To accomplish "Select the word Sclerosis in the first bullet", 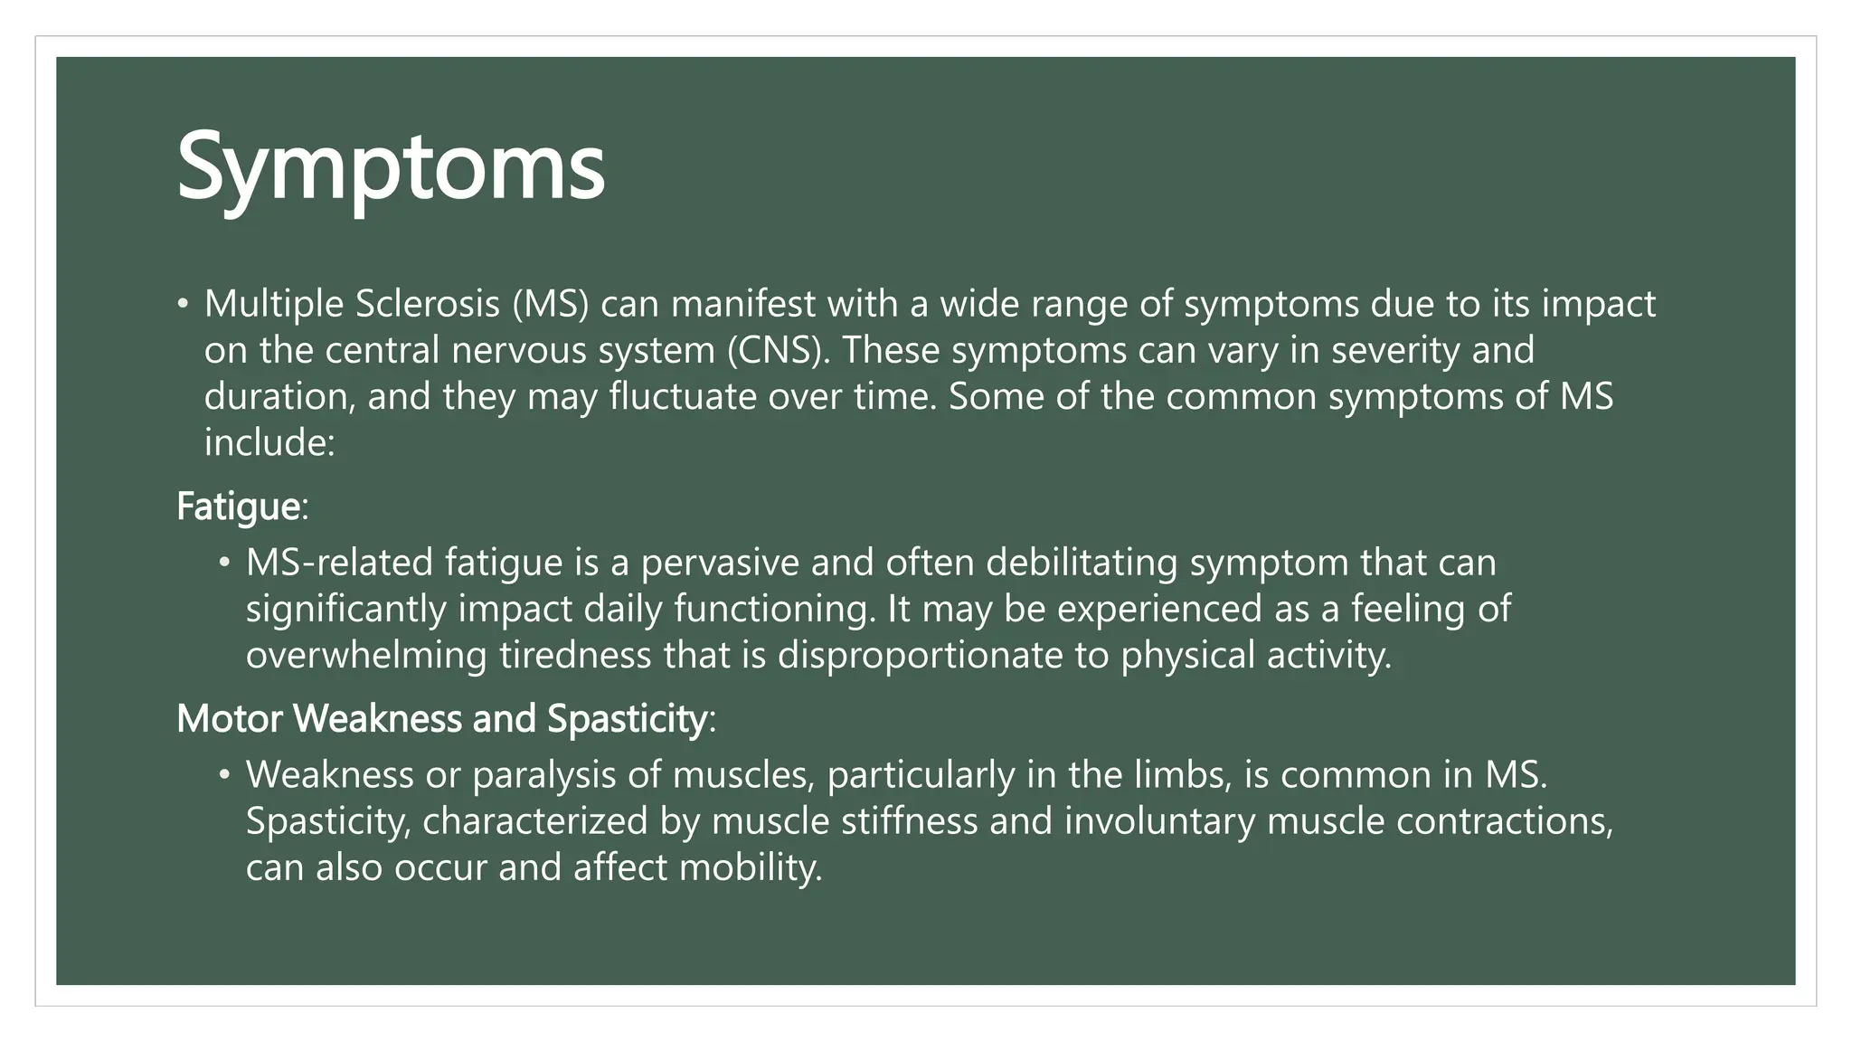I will (x=427, y=304).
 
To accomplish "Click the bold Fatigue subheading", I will (x=238, y=507).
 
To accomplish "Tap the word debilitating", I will (x=1082, y=563).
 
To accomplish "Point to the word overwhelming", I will (x=366, y=655).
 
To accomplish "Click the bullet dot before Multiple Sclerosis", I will (x=184, y=305).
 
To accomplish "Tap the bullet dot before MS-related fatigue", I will (x=225, y=564).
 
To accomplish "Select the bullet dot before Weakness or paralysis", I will (x=225, y=776).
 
